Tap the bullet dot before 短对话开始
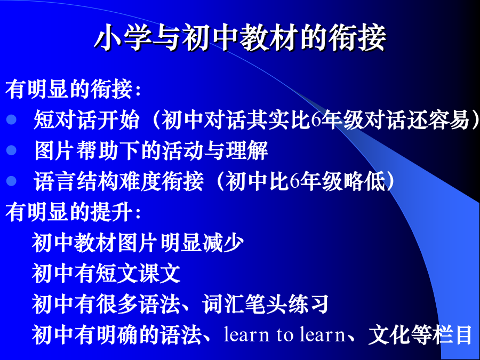(11, 119)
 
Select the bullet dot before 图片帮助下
(11, 150)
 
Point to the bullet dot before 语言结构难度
(11, 181)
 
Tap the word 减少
(223, 243)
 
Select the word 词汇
(223, 304)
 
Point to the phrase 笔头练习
(287, 304)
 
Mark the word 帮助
(97, 150)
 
